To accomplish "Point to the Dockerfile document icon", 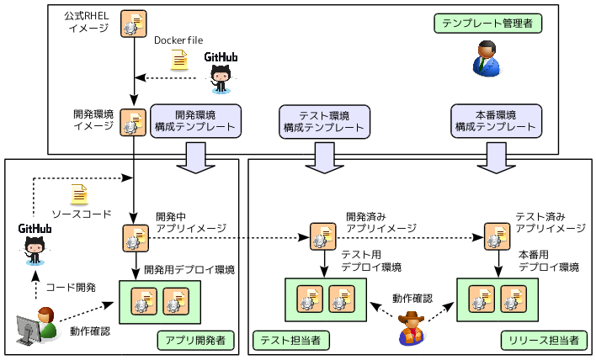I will (x=179, y=61).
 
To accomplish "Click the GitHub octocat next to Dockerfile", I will (x=221, y=77).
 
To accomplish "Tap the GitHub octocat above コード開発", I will (x=35, y=249).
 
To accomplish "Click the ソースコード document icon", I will (x=79, y=194).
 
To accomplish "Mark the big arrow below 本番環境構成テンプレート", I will (x=497, y=157).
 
